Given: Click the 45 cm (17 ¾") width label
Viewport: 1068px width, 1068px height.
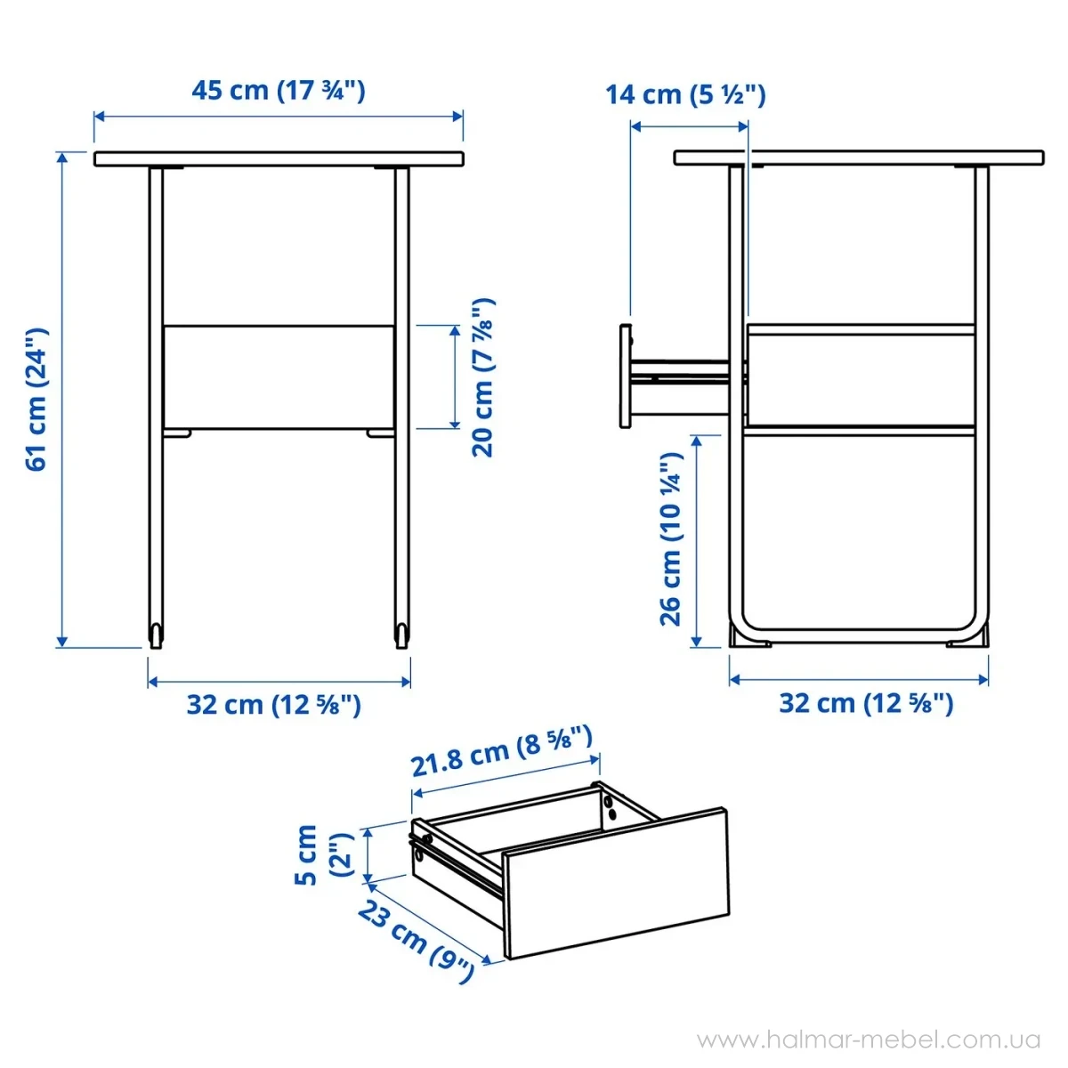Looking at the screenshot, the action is coord(279,90).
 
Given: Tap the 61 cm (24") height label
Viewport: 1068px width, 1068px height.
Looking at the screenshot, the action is coord(37,400).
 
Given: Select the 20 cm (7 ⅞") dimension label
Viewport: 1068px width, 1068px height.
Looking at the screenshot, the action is coord(482,377).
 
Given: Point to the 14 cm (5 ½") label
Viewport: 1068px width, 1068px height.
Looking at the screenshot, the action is coord(685,94).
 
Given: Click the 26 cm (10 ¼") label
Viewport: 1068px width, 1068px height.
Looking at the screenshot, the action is coord(671,539).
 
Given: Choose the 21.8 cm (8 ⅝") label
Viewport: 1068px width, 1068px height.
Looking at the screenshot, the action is coord(502,750).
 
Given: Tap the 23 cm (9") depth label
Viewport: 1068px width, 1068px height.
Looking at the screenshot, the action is coord(416,940).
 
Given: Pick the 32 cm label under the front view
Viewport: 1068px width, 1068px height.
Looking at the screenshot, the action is coord(274,705).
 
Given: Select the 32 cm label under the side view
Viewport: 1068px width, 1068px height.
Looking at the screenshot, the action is coord(866,703).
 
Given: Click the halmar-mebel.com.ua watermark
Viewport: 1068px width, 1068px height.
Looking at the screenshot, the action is coord(869,1040).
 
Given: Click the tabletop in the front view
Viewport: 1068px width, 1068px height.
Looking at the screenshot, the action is coord(279,159).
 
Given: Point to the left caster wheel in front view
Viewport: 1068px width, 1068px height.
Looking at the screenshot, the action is coord(157,635).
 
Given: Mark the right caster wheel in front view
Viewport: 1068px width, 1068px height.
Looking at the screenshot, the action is coord(401,635).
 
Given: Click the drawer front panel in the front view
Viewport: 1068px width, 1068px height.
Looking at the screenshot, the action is coord(279,376).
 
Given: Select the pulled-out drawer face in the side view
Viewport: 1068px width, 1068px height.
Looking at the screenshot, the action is coord(625,376).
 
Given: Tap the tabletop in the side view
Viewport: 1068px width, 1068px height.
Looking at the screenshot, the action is coord(859,158).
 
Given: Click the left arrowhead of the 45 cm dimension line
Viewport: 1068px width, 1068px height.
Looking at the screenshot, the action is coord(99,117).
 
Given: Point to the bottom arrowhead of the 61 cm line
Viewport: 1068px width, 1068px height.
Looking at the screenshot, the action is coord(62,642).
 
